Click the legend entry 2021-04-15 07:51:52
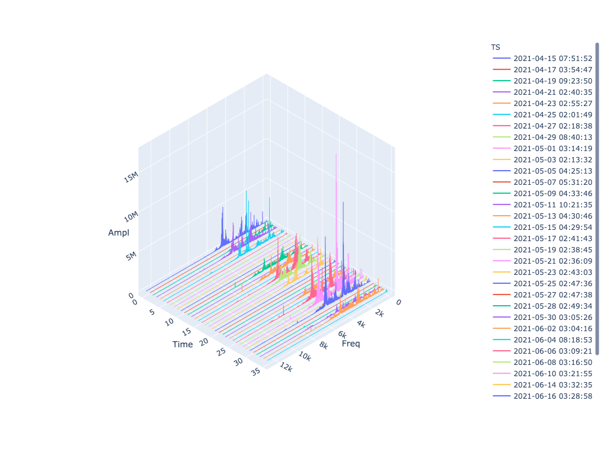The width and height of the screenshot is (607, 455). coord(552,58)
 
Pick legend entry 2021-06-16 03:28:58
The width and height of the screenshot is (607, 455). coord(552,396)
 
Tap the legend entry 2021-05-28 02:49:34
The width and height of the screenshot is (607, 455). coord(552,306)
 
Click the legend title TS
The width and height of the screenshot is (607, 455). coord(496,47)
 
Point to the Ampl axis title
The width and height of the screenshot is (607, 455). coord(119,233)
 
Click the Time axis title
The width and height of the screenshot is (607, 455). coord(183,344)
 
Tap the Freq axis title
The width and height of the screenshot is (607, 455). coord(351,344)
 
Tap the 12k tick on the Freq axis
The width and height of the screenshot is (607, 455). coord(286,368)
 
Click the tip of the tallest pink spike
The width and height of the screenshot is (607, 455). coord(336,154)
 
